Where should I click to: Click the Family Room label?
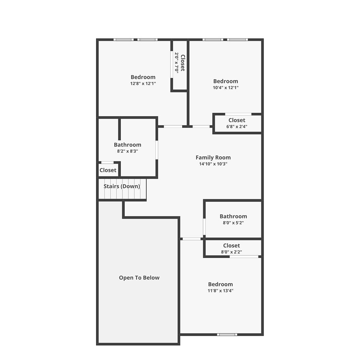click(213, 157)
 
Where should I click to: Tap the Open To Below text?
click(139, 277)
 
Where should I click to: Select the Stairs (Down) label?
click(122, 186)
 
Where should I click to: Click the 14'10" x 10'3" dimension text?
click(213, 164)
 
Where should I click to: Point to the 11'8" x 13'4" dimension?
click(220, 290)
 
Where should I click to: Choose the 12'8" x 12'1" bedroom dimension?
click(143, 83)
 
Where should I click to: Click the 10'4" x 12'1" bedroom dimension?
click(226, 87)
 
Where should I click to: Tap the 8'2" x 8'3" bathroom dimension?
click(127, 151)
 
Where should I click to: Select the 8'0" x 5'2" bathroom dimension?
click(233, 223)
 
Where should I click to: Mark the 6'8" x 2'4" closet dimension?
click(237, 127)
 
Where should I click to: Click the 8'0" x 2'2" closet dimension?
click(232, 252)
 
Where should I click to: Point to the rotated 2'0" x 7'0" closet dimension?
click(177, 63)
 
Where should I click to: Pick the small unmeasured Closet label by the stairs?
click(108, 170)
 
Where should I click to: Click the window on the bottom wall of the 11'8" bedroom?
click(227, 334)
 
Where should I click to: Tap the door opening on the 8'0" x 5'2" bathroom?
click(204, 226)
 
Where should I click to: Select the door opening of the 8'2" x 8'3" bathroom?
click(157, 150)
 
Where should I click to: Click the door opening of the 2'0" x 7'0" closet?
click(172, 64)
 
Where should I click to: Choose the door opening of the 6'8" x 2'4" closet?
click(238, 114)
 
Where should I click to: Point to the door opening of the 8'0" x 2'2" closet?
click(244, 257)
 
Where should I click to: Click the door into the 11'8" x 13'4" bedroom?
click(191, 239)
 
